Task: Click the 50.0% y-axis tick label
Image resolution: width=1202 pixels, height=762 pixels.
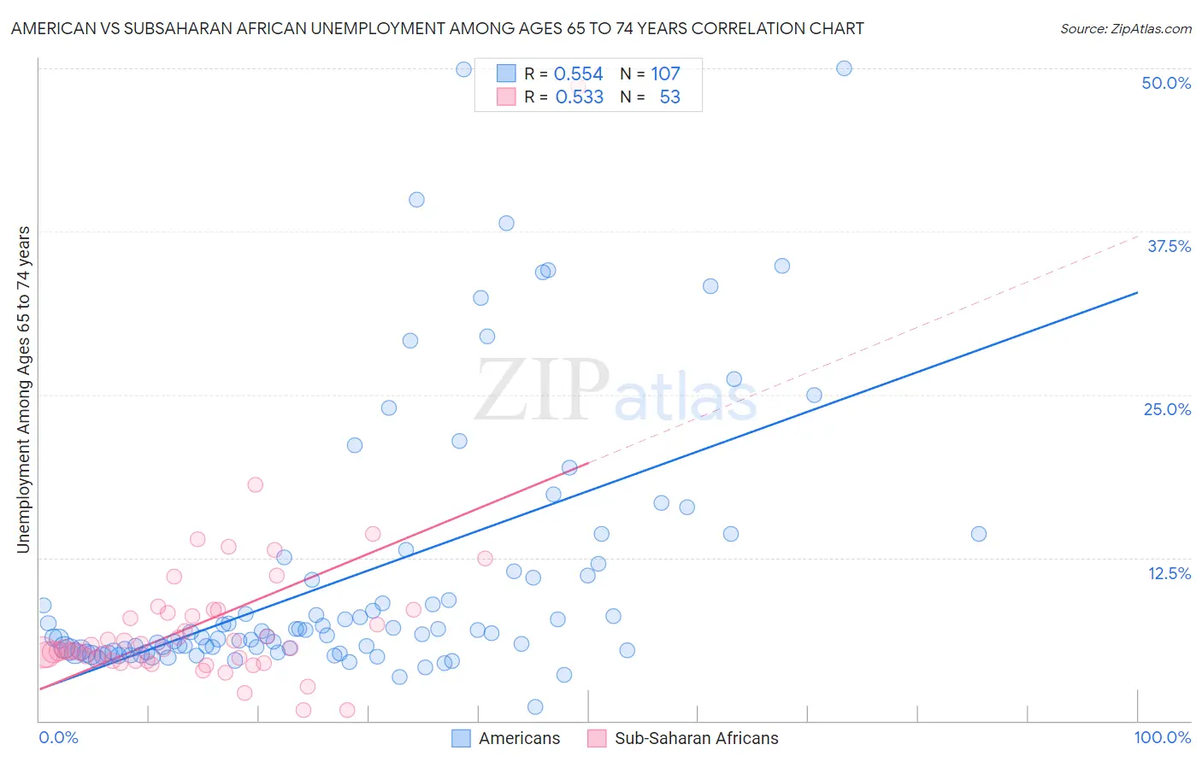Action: tap(1166, 83)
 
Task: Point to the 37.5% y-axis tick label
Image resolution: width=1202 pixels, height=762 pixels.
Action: tap(1169, 246)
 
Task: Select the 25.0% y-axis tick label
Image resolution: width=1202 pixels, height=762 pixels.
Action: tap(1167, 409)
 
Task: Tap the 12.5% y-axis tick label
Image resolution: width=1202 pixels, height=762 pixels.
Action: tap(1169, 573)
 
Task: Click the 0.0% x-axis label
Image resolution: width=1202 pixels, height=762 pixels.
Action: tap(58, 737)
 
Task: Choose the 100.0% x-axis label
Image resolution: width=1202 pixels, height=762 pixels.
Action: tap(1162, 737)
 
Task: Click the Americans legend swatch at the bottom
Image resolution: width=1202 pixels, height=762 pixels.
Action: tap(461, 738)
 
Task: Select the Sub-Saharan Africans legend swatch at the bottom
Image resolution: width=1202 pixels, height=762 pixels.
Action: tap(597, 738)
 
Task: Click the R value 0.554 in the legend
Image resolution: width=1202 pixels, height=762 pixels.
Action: tap(579, 74)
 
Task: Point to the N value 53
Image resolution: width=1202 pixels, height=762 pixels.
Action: tap(669, 97)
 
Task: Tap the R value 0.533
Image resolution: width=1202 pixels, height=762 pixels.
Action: tap(579, 97)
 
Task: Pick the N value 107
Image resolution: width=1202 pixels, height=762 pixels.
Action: tap(665, 74)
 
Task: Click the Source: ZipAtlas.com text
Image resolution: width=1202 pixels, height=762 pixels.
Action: tap(1125, 29)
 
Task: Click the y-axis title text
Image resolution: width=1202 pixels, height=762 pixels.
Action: tap(24, 390)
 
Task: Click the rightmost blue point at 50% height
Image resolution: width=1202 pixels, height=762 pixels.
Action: tap(844, 68)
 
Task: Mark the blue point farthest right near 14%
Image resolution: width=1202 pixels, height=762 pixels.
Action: tap(979, 534)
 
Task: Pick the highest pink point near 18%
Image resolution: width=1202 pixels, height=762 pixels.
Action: tap(255, 484)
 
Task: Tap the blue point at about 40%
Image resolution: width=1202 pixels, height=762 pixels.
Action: tap(416, 200)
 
